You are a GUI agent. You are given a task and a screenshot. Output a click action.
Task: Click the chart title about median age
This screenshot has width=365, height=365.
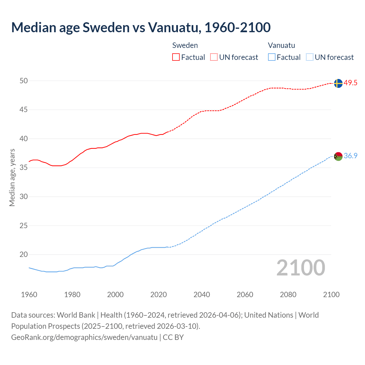[x=141, y=27]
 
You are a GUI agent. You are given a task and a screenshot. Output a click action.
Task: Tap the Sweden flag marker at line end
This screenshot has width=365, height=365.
[x=338, y=83]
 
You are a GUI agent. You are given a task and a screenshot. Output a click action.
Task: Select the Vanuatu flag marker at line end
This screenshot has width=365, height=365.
[x=338, y=156]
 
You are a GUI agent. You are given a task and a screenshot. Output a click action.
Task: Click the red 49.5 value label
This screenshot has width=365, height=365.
[x=350, y=83]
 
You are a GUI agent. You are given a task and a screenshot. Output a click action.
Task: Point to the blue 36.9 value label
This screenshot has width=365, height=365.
[x=350, y=156]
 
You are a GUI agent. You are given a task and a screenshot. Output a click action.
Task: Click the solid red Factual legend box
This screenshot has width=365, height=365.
[x=176, y=57]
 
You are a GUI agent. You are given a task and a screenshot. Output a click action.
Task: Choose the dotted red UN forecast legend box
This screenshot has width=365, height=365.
[x=214, y=57]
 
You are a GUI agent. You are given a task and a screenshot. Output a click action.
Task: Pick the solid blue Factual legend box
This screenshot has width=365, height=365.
[x=272, y=57]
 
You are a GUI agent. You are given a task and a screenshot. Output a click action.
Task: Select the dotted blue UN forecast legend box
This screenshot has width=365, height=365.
[x=309, y=57]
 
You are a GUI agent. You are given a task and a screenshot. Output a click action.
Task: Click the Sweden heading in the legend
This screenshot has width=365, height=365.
[x=185, y=45]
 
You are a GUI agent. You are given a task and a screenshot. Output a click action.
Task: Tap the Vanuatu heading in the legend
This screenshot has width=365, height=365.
[x=281, y=45]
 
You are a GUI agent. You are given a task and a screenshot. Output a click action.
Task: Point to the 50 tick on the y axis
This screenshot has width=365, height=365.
[x=24, y=81]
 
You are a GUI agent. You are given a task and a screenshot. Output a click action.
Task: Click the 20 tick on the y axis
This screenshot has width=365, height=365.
[x=24, y=255]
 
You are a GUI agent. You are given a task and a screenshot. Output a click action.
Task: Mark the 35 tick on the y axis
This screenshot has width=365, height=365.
[x=24, y=168]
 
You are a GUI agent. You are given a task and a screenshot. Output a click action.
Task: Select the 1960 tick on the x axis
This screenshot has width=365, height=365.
[x=29, y=295]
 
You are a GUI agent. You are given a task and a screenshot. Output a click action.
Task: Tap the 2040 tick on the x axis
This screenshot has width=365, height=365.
[x=202, y=295]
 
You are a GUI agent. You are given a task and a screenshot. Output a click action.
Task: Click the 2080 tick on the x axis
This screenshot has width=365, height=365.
[x=288, y=295]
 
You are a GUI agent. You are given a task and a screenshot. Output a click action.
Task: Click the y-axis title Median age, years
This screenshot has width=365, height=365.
[x=12, y=177]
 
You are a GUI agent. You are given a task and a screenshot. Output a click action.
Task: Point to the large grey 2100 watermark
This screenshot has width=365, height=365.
[x=301, y=268]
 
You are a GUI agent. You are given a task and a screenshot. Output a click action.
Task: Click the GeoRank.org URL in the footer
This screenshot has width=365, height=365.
[x=84, y=337]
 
